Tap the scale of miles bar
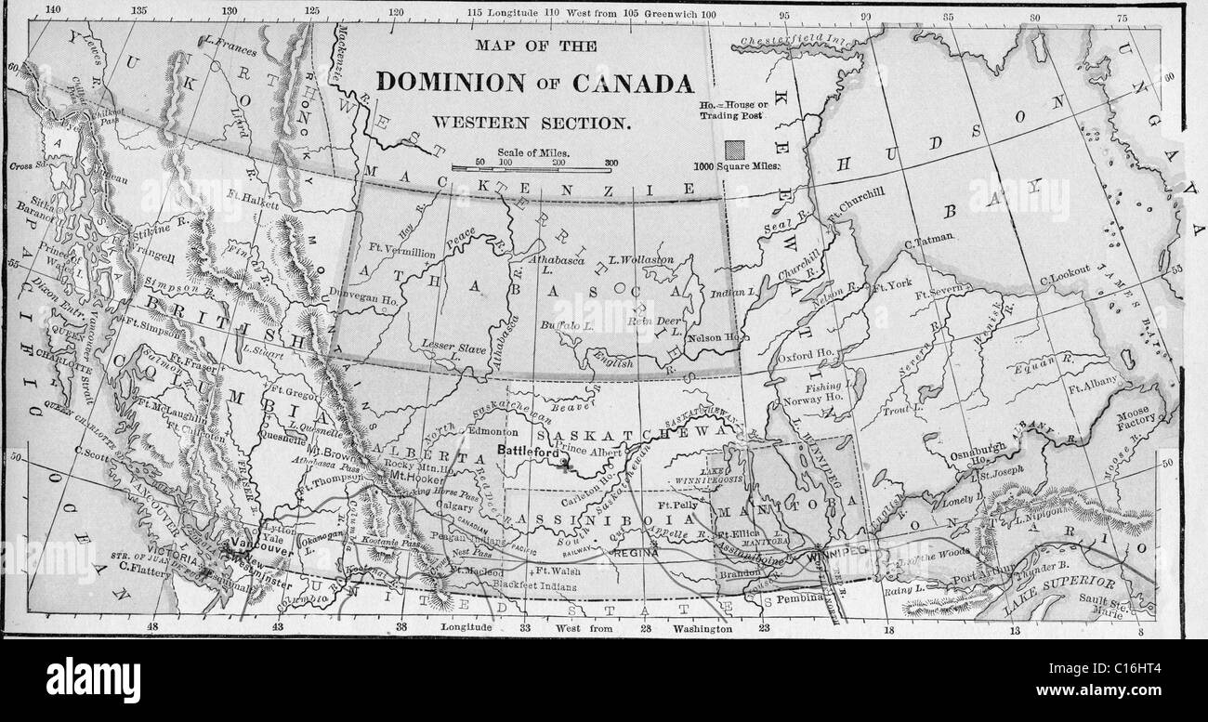[x=534, y=168]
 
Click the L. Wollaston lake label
[x=640, y=259]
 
